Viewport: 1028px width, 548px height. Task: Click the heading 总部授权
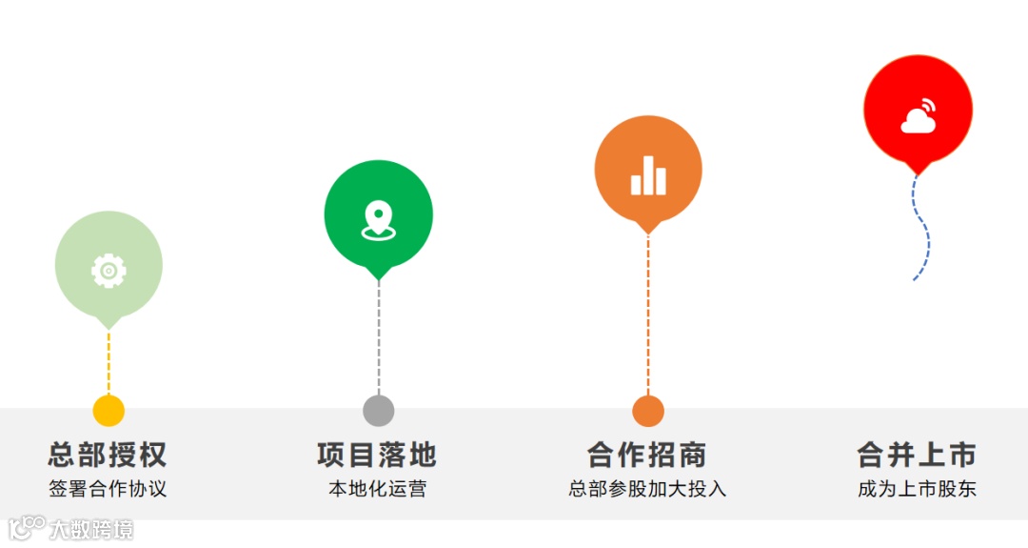coord(108,455)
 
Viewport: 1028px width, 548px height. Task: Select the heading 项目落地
coord(377,455)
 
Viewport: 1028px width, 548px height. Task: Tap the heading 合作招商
coord(647,455)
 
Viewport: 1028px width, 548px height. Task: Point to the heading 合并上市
coord(917,455)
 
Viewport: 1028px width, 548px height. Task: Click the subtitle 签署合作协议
coord(108,489)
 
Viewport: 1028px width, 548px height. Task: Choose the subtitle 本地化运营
coord(377,489)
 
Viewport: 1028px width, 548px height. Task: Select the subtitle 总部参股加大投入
coord(647,489)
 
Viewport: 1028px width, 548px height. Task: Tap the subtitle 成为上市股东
coord(917,489)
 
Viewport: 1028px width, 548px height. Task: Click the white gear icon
coord(109,271)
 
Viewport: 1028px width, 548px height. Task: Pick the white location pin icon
coord(378,219)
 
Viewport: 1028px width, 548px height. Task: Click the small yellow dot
coord(109,411)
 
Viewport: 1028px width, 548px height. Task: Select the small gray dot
coord(378,411)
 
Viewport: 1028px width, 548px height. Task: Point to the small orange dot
coord(648,411)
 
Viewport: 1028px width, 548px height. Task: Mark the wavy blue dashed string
coord(923,229)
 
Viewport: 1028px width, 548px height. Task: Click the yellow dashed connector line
coord(109,362)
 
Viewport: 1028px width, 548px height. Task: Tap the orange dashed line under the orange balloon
coord(648,315)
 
